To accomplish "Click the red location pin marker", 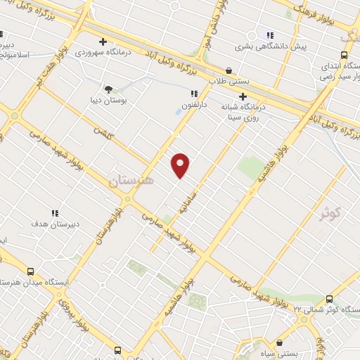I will pyautogui.click(x=181, y=165).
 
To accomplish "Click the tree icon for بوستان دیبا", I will pyautogui.click(x=108, y=89).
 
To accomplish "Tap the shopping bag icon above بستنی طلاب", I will pyautogui.click(x=229, y=70).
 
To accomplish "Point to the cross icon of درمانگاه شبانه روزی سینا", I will pyautogui.click(x=243, y=96).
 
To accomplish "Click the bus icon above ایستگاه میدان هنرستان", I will pyautogui.click(x=30, y=271).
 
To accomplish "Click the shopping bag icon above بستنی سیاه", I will pyautogui.click(x=280, y=342).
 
